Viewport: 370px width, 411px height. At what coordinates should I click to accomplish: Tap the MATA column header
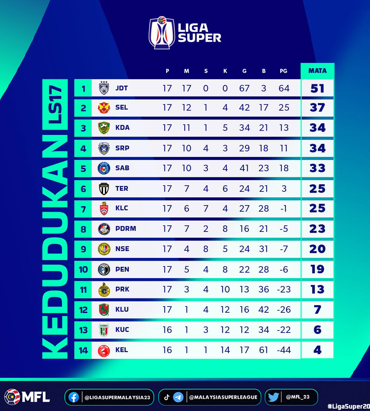pos(317,71)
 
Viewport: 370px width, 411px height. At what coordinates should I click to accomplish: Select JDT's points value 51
pos(317,88)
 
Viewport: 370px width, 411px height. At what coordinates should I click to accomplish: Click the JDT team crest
pos(104,88)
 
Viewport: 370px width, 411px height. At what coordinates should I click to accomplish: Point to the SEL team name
pos(122,108)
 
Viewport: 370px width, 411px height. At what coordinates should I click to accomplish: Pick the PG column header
pos(283,71)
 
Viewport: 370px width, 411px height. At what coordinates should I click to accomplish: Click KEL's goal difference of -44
pos(284,350)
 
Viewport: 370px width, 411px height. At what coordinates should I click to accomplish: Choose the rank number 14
pos(83,350)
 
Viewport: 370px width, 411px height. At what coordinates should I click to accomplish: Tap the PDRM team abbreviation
pos(126,228)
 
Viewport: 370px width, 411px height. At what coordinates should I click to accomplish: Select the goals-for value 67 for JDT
pos(244,88)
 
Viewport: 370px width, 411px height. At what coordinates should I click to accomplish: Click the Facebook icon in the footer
pos(74,397)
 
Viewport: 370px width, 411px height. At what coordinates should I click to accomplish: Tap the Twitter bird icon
pos(273,397)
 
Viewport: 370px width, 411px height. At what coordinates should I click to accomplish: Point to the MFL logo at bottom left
pos(27,397)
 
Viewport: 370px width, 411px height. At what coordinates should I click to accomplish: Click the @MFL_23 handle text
pos(298,397)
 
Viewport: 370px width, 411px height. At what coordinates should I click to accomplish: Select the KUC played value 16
pos(167,330)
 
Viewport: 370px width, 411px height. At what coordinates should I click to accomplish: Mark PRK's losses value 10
pos(225,289)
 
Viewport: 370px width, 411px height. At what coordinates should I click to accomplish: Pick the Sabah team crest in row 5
pos(104,168)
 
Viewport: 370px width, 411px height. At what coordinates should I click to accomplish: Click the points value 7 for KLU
pos(317,310)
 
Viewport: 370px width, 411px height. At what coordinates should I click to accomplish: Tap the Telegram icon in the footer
pos(178,397)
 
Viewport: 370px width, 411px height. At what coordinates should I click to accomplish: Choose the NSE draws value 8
pos(206,249)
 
